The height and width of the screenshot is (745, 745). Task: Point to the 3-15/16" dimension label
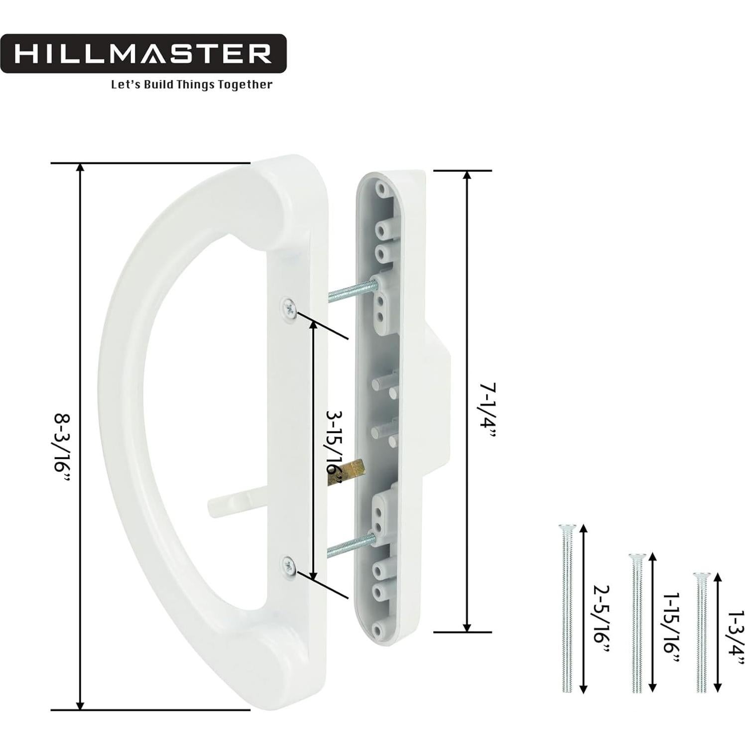[x=333, y=446]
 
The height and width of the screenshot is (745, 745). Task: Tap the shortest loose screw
[x=701, y=632]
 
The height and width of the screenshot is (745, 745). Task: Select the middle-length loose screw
[x=636, y=622]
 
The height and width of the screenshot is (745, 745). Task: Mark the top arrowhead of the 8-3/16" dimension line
[x=80, y=167]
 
